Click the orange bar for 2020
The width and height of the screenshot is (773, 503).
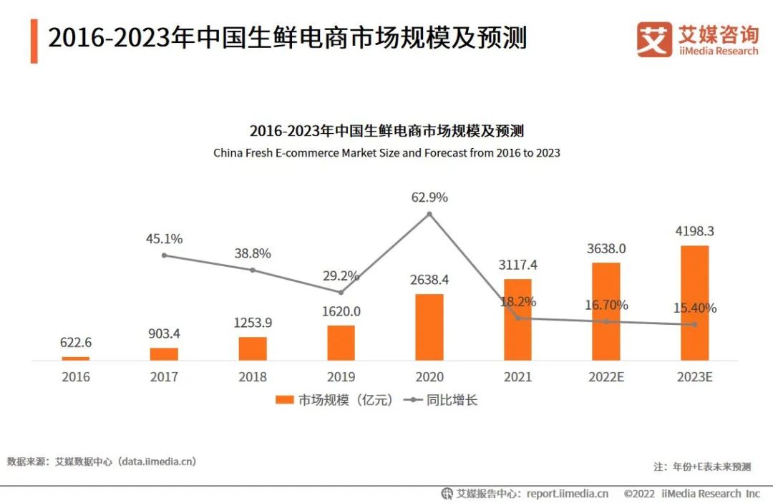(x=429, y=327)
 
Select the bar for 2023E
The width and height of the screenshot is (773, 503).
(x=694, y=303)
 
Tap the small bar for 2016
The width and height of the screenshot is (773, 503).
(x=76, y=358)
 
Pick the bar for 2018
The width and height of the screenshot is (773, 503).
(x=253, y=348)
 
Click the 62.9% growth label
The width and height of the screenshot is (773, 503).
(x=429, y=197)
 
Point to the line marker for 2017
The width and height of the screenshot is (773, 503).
(x=164, y=255)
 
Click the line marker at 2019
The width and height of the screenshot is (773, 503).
(x=341, y=292)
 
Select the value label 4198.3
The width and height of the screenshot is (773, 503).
(x=694, y=232)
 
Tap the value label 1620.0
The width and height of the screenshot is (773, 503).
(x=341, y=311)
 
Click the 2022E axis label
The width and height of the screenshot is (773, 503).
(x=606, y=377)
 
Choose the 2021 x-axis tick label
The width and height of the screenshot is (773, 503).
(x=517, y=377)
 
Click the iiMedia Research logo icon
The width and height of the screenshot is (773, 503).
(x=654, y=39)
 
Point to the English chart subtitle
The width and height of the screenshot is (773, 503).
(x=386, y=153)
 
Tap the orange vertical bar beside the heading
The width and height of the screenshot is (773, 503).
(x=34, y=41)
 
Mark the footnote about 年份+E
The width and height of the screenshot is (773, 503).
(x=702, y=467)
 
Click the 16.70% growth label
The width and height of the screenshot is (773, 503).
(x=606, y=306)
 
